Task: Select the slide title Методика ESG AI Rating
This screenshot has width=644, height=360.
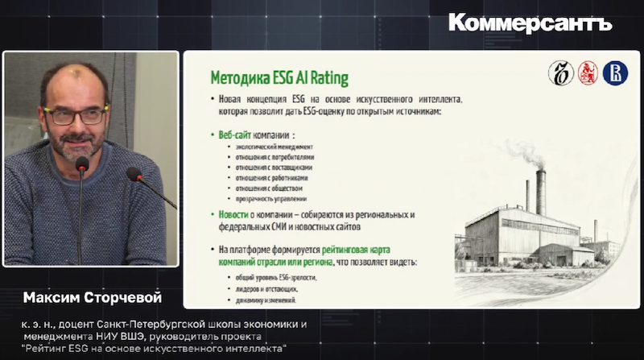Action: pos(279,79)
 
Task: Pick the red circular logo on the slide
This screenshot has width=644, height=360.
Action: pos(588,74)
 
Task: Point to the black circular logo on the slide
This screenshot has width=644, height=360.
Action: pos(561,74)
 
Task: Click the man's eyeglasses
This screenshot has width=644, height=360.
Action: pos(76,114)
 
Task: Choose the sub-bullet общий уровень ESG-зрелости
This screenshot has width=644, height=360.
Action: pos(272,277)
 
